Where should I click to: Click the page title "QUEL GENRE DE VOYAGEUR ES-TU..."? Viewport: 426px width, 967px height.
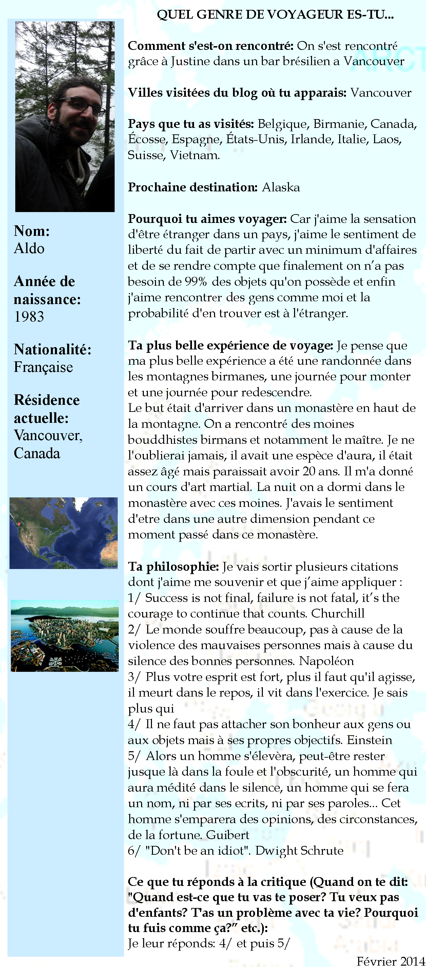[x=275, y=15]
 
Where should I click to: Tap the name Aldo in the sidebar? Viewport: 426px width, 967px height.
[x=29, y=248]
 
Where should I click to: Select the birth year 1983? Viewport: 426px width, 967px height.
[x=29, y=317]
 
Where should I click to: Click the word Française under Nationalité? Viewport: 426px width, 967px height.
[x=43, y=367]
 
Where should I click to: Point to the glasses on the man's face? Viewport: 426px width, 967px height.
[x=82, y=105]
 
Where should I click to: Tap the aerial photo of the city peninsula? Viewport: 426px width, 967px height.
[x=64, y=636]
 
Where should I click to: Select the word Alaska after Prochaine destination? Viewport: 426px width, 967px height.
[x=281, y=187]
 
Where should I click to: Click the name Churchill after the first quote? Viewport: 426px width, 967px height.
[x=338, y=613]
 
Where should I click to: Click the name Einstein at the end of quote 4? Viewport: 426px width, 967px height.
[x=369, y=740]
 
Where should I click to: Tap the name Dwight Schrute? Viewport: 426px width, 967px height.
[x=299, y=850]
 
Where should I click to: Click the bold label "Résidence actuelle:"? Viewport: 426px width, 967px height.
[x=46, y=409]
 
